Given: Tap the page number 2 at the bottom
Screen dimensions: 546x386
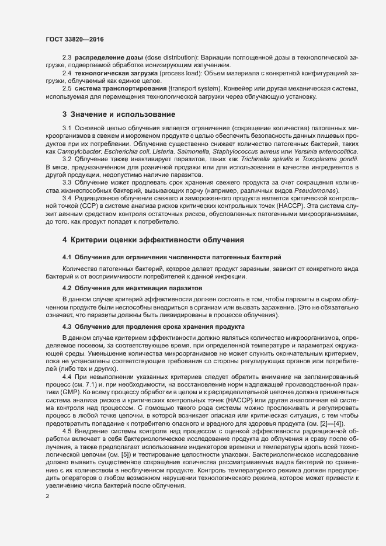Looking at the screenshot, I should point(47,496).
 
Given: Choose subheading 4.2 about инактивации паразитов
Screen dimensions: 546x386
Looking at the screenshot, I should point(132,288).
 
